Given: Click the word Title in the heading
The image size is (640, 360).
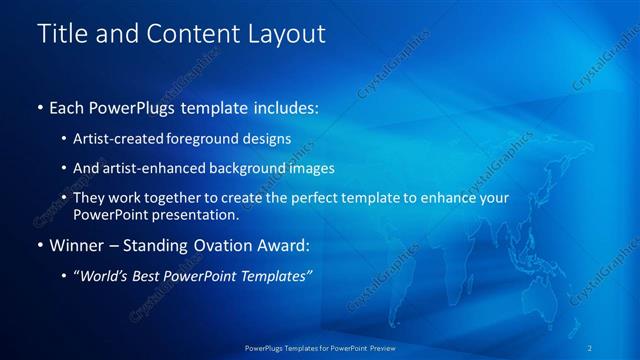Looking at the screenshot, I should point(61,34).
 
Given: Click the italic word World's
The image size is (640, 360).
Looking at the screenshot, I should point(103,275).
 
